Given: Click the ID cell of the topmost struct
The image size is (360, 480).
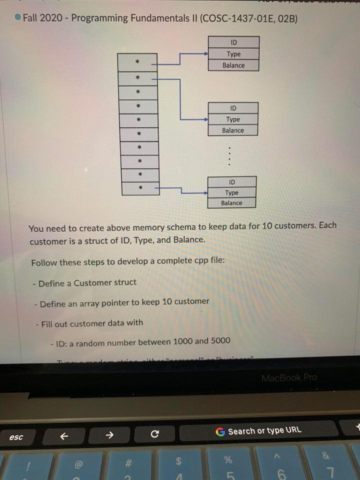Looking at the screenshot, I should pos(233,42).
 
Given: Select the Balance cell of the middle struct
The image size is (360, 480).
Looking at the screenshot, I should pos(233,130).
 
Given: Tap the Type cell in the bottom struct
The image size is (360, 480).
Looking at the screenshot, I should pos(231,192).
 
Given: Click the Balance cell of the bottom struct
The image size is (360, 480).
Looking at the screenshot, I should pos(231,203).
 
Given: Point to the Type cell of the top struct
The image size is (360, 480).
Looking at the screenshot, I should pos(233,54).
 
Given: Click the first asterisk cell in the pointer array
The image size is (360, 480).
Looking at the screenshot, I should pos(136,62).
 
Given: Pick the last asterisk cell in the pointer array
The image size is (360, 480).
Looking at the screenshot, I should pos(140,188).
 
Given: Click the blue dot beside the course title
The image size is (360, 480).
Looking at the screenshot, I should pos(17,18).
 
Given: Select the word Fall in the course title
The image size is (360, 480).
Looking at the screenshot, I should pos(32,18).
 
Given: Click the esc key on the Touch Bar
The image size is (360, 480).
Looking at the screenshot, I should pos(16,437).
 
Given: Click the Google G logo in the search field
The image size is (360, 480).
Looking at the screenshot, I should pos(220,431).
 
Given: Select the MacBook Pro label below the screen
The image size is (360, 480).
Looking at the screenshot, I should pos(288,377).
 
